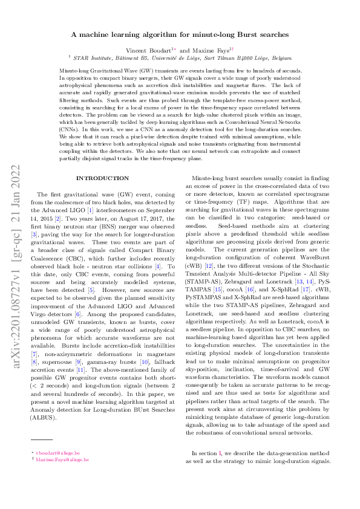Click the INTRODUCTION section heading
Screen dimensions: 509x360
click(x=102, y=178)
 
